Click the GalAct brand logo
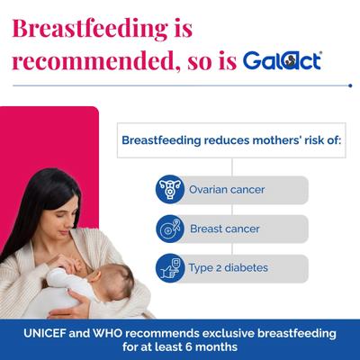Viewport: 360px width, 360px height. pos(283,61)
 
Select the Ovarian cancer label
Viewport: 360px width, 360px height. pos(227,190)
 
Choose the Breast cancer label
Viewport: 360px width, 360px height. pos(224,229)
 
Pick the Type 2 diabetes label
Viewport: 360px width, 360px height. pos(228,267)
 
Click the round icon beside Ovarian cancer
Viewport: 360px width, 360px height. pos(168,190)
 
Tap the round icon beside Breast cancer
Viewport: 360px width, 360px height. pos(168,229)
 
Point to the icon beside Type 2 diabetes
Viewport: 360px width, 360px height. pos(168,267)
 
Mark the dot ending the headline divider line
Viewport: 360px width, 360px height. pos(349,85)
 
